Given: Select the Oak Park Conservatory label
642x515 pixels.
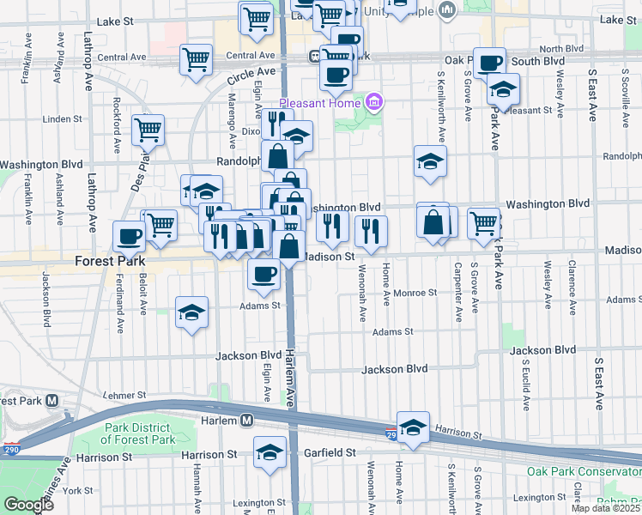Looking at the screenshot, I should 583,471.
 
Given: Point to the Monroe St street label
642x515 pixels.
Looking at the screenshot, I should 416,293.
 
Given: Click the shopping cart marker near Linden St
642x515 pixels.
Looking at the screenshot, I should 148,130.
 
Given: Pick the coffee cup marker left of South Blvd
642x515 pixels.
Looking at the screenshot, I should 490,62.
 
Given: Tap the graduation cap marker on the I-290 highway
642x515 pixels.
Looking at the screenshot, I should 413,427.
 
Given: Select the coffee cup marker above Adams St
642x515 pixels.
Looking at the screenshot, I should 263,274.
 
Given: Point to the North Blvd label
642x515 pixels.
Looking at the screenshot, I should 561,49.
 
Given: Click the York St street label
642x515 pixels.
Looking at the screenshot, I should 76,490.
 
